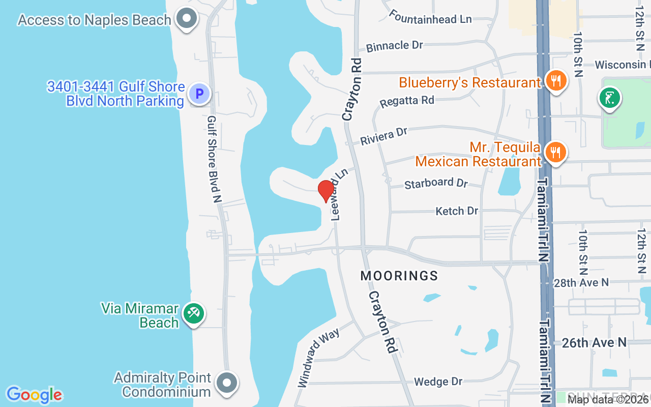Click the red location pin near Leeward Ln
326,191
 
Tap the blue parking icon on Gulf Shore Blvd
199,94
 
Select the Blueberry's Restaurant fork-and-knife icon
556,81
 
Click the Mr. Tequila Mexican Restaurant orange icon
555,152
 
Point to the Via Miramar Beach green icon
194,313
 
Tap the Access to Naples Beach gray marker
187,19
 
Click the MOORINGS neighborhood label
399,276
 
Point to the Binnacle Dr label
395,46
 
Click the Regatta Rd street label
407,101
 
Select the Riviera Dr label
384,136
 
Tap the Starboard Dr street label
436,183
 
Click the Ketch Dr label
457,211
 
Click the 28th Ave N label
581,282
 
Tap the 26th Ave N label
594,343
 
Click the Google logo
34,395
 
